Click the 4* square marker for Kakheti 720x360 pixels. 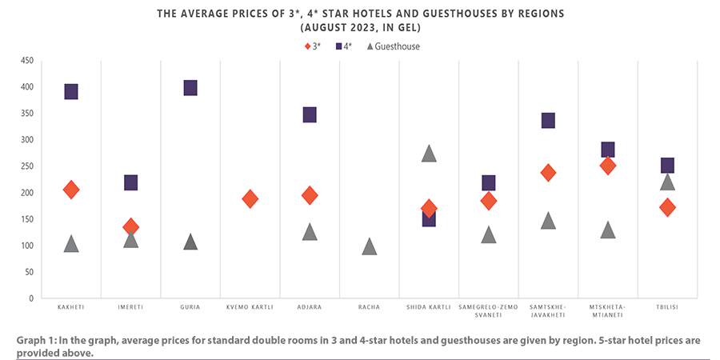71,91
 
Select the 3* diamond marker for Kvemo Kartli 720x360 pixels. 250,198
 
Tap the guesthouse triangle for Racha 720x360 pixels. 369,246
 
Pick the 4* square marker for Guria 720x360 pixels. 190,87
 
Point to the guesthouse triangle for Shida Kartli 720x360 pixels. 429,154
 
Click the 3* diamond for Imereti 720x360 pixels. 130,227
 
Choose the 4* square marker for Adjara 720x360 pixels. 310,114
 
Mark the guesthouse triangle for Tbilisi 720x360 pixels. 667,182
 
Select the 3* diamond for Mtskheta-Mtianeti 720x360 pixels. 608,166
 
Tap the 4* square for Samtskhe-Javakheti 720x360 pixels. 548,120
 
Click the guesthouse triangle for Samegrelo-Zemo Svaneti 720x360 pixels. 489,234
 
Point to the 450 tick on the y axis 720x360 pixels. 26,61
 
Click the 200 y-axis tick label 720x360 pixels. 26,193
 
